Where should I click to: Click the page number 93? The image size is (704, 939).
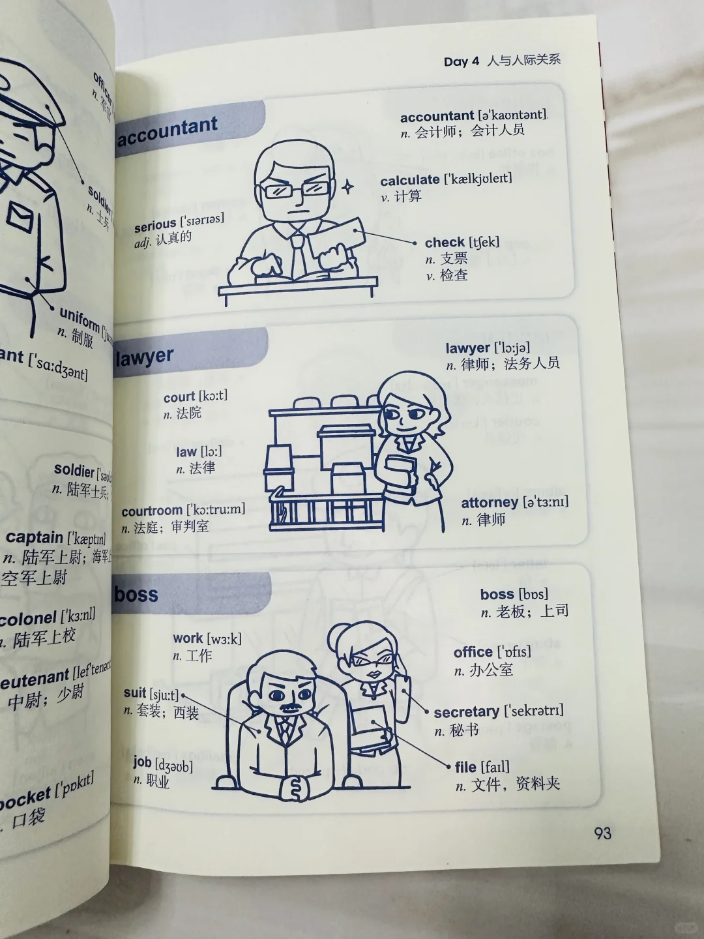tap(602, 833)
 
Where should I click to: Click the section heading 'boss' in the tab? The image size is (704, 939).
tap(136, 594)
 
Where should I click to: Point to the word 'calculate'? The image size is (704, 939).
tap(409, 181)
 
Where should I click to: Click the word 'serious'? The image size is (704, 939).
tap(155, 226)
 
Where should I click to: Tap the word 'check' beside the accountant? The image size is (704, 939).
tap(445, 243)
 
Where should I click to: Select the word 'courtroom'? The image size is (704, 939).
tap(152, 511)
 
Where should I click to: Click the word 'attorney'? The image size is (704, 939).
tap(490, 503)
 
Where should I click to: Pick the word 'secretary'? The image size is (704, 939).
tap(466, 712)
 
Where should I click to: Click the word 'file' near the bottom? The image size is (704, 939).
tap(465, 767)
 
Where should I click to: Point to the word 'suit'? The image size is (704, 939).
tap(135, 693)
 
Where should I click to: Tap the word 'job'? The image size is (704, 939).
tap(142, 762)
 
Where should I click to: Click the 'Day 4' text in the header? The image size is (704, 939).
tap(461, 61)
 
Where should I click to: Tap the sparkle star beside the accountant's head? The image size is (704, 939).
tap(348, 186)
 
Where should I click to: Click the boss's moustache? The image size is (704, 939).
tap(289, 707)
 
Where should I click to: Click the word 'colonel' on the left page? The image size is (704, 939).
tap(29, 618)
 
